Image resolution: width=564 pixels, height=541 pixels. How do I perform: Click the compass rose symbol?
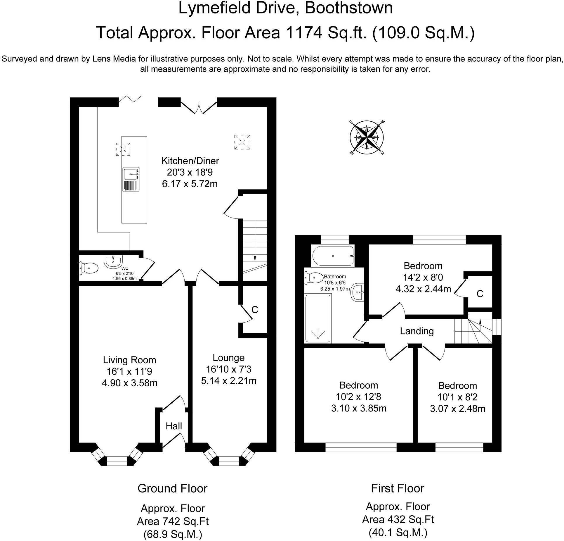367,137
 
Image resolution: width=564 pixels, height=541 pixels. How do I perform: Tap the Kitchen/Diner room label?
190,161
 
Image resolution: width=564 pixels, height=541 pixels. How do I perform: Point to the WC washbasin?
113,261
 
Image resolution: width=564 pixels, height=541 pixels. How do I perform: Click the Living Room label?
129,360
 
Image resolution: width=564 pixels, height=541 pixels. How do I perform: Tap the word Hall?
174,426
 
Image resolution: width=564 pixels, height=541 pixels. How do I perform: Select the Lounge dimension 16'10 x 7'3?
229,369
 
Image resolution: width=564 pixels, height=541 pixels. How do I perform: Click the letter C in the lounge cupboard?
255,310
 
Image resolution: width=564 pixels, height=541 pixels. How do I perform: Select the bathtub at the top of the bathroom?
333,256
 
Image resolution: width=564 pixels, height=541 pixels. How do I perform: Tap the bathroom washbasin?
358,292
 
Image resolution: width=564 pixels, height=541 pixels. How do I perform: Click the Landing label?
417,331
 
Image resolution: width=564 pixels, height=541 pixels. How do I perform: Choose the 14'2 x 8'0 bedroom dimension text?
423,277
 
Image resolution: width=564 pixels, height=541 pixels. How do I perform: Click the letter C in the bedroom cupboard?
480,294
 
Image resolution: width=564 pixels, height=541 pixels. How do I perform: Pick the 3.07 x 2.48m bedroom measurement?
458,409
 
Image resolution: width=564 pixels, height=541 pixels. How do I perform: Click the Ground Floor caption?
172,488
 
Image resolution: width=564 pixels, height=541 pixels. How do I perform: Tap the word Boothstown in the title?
349,8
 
